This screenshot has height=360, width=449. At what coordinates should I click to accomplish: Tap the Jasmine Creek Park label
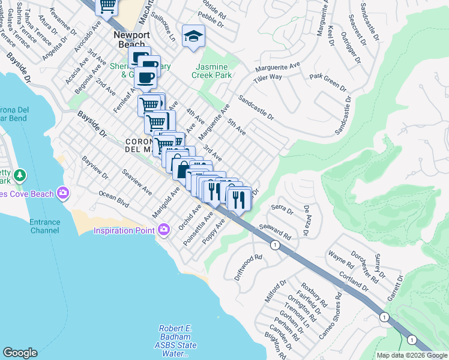point(212,71)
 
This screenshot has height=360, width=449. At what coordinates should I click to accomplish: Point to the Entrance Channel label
point(45,226)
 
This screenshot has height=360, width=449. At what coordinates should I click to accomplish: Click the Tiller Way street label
point(267,77)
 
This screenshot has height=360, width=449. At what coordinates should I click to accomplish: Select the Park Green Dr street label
point(328,82)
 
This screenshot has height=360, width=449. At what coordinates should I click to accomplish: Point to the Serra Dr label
point(282,209)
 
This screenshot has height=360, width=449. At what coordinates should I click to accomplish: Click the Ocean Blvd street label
point(114,200)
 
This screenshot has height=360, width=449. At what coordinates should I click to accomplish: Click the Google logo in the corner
point(20,353)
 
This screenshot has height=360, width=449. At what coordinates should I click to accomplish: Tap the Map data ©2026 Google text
point(411,355)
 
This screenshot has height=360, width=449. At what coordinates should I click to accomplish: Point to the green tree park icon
point(20,175)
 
